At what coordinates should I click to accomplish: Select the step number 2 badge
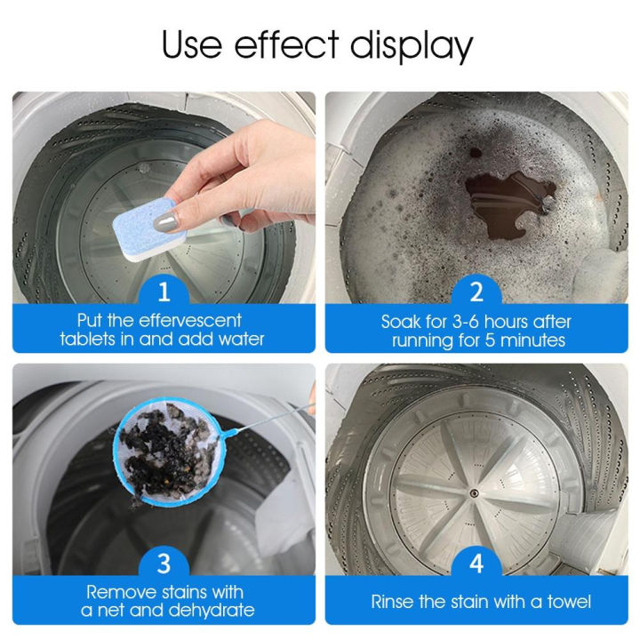click(x=476, y=290)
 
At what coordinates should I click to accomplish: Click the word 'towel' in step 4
click(x=566, y=603)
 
